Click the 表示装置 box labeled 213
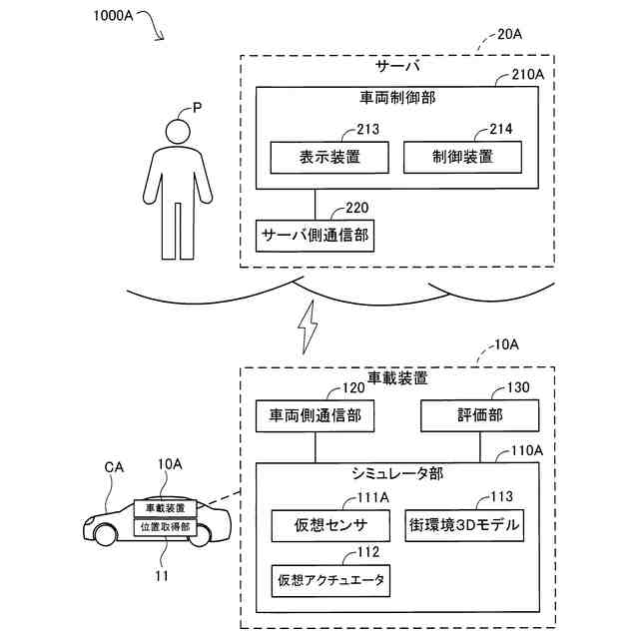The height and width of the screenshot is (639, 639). pos(329,158)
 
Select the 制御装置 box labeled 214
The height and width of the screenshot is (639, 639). pos(462,158)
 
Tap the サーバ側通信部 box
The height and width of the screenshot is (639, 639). pos(315,236)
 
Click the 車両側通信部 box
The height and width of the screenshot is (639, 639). pos(315,415)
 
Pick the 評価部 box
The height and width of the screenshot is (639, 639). pos(479,415)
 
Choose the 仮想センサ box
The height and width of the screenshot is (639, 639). pos(330,526)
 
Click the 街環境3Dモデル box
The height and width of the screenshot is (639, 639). pos(464,525)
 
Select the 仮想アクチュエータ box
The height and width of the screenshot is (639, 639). pos(330,581)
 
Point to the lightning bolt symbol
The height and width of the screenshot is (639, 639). pos(309,327)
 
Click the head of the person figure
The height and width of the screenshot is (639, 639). pos(178,131)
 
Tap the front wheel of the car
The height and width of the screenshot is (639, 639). pos(106,535)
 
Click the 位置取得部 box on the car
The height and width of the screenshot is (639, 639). pos(166,527)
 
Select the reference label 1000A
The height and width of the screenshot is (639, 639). pos(113,16)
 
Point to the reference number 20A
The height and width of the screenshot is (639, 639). pos(509,34)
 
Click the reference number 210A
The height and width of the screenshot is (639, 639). pos(528,75)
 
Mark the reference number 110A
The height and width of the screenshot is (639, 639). pos(527,450)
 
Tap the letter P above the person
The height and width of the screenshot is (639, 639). pos(198,108)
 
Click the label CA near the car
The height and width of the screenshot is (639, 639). pos(114,467)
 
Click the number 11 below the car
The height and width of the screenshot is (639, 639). pos(162,576)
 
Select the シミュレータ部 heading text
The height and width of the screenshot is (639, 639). pos(397,473)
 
